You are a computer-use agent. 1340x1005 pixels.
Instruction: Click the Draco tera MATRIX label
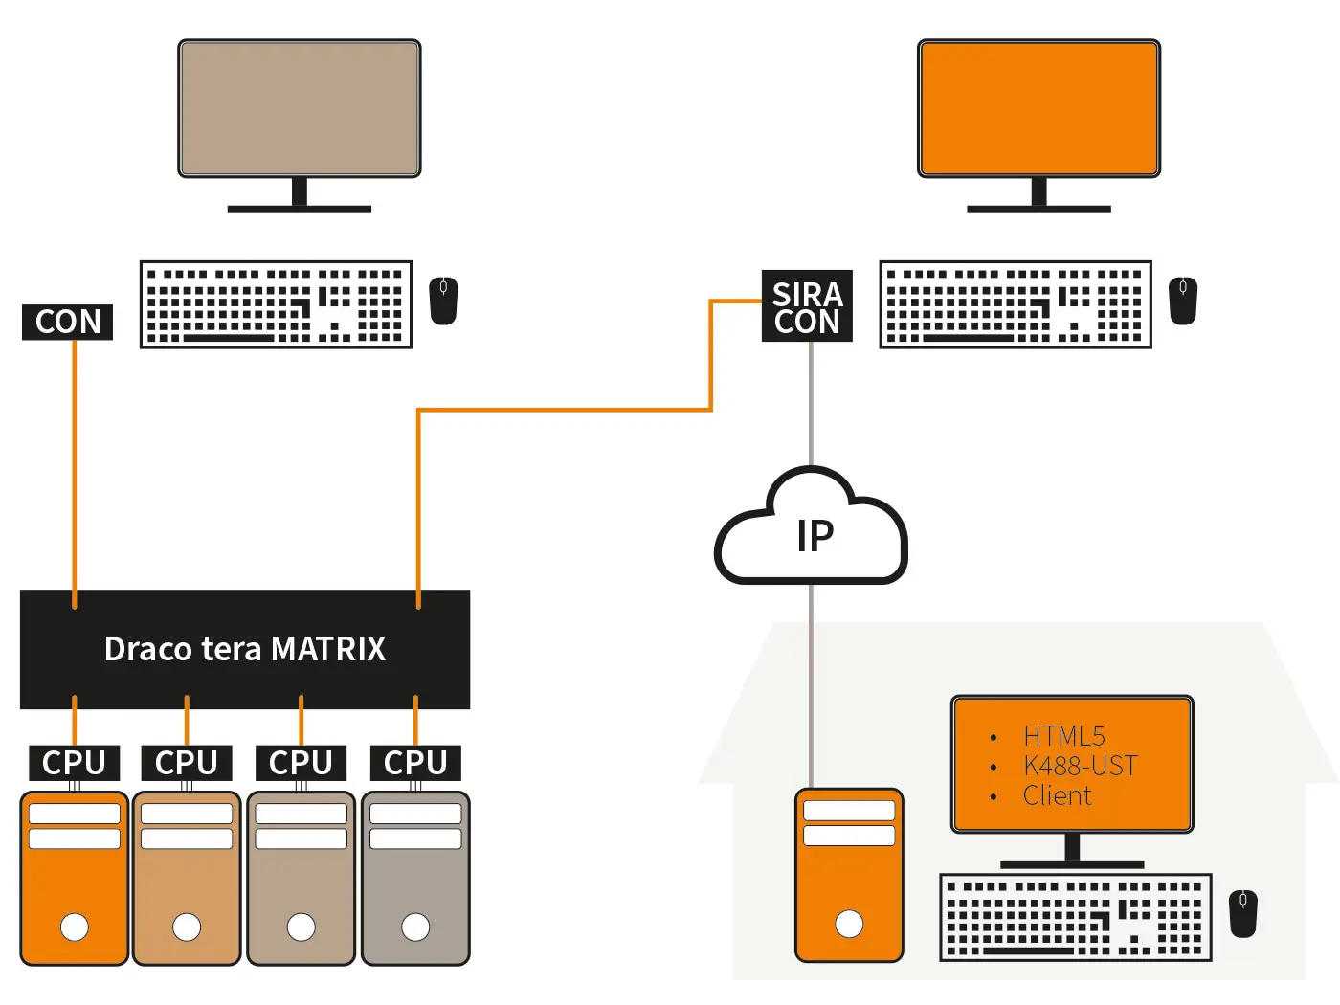(245, 649)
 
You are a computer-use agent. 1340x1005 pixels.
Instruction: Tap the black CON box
(68, 322)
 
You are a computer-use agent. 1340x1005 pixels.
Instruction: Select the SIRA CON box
(807, 307)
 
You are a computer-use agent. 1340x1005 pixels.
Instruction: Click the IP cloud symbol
(812, 531)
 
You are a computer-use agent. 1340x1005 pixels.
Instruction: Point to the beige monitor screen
(300, 108)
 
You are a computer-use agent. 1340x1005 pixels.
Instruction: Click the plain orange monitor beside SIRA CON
(1038, 108)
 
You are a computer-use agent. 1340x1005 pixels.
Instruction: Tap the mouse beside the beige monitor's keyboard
(443, 301)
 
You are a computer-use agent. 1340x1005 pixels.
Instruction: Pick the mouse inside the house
(1243, 913)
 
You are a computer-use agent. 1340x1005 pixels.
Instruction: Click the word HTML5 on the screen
(1063, 736)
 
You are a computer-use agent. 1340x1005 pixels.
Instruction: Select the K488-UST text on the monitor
(1080, 766)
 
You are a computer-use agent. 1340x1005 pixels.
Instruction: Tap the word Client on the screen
(1057, 795)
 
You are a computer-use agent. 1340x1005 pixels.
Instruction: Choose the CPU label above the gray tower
(415, 763)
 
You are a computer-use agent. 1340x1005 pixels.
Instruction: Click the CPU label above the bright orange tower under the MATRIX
(74, 763)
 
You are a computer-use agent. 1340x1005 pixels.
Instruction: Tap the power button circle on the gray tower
(415, 927)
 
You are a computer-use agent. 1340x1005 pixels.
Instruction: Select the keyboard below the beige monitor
(276, 304)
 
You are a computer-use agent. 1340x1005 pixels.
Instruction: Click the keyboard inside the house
(1076, 916)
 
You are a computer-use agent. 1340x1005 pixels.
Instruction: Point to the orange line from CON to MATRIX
(75, 469)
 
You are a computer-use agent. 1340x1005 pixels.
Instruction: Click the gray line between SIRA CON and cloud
(812, 402)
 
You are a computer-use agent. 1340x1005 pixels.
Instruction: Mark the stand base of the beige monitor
(300, 208)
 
